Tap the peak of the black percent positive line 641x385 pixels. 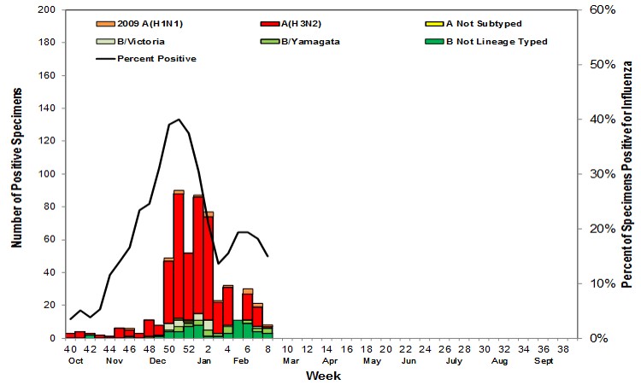[179, 120]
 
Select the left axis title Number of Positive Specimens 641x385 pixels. [17, 174]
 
